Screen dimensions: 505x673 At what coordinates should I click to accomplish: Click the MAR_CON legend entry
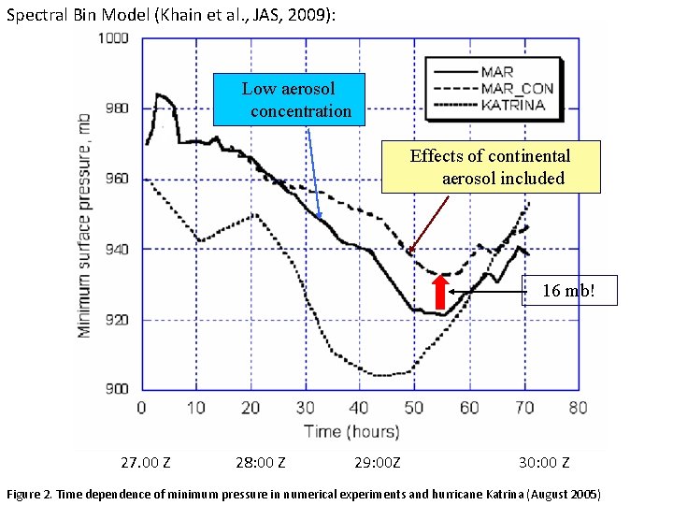click(517, 89)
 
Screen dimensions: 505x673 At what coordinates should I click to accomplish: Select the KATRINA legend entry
click(513, 105)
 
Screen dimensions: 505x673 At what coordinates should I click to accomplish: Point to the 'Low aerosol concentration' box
click(289, 100)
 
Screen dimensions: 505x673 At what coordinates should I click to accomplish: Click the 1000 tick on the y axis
click(115, 38)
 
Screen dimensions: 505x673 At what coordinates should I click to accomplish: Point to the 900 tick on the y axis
click(119, 389)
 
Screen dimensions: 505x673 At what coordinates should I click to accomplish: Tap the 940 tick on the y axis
click(119, 249)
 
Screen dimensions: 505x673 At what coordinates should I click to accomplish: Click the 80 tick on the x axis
click(579, 408)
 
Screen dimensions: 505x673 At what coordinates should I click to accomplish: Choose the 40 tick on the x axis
click(360, 408)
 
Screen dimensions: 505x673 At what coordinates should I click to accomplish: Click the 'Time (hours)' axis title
click(351, 431)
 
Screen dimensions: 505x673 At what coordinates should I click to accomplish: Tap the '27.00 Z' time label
click(146, 462)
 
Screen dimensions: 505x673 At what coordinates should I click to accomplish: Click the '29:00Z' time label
click(378, 462)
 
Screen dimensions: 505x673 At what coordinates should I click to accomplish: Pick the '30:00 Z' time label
click(544, 462)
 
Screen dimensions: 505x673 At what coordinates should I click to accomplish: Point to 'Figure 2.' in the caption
click(33, 493)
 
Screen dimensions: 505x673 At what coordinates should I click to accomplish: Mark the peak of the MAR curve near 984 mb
click(158, 94)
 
